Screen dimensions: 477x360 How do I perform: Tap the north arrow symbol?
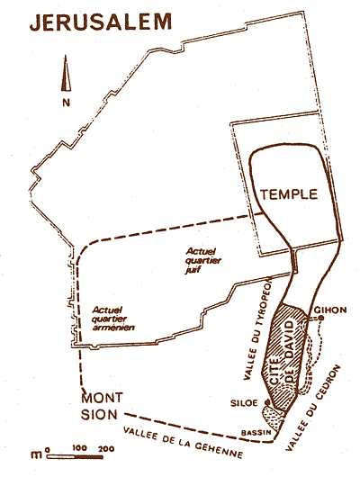tap(66, 75)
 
